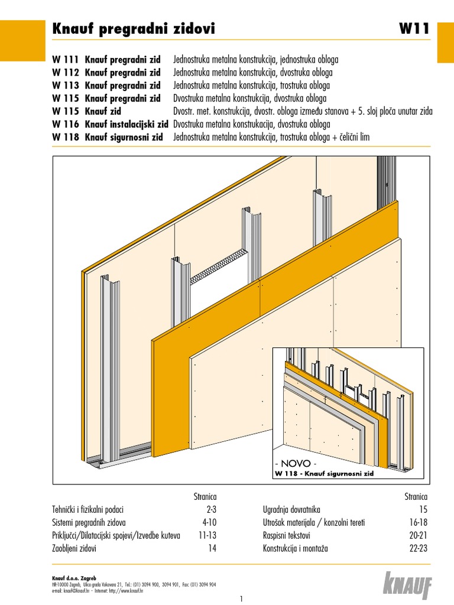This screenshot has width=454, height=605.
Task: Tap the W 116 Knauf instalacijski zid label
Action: coord(111,124)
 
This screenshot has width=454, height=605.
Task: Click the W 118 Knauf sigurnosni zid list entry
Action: coord(106,137)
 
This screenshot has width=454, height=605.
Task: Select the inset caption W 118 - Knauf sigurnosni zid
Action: coord(324,473)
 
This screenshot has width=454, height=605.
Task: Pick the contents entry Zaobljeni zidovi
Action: coord(74,548)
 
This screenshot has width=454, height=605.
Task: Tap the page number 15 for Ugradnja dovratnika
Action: coord(423,509)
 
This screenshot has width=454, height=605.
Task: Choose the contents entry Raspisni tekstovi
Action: coord(287,535)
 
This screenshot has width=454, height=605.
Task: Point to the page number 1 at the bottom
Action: coord(242,598)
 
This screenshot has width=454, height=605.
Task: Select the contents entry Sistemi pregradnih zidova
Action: coord(89,522)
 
